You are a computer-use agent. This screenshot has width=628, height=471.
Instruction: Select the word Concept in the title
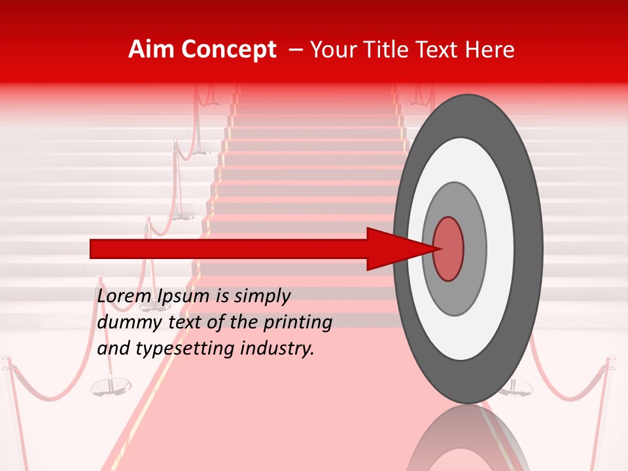229,50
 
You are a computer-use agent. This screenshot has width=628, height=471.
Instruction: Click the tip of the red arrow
437,249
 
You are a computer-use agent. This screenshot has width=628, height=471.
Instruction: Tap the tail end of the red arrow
92,249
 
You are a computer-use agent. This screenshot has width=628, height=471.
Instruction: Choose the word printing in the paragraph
298,323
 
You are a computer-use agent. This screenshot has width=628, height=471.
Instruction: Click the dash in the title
295,50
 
